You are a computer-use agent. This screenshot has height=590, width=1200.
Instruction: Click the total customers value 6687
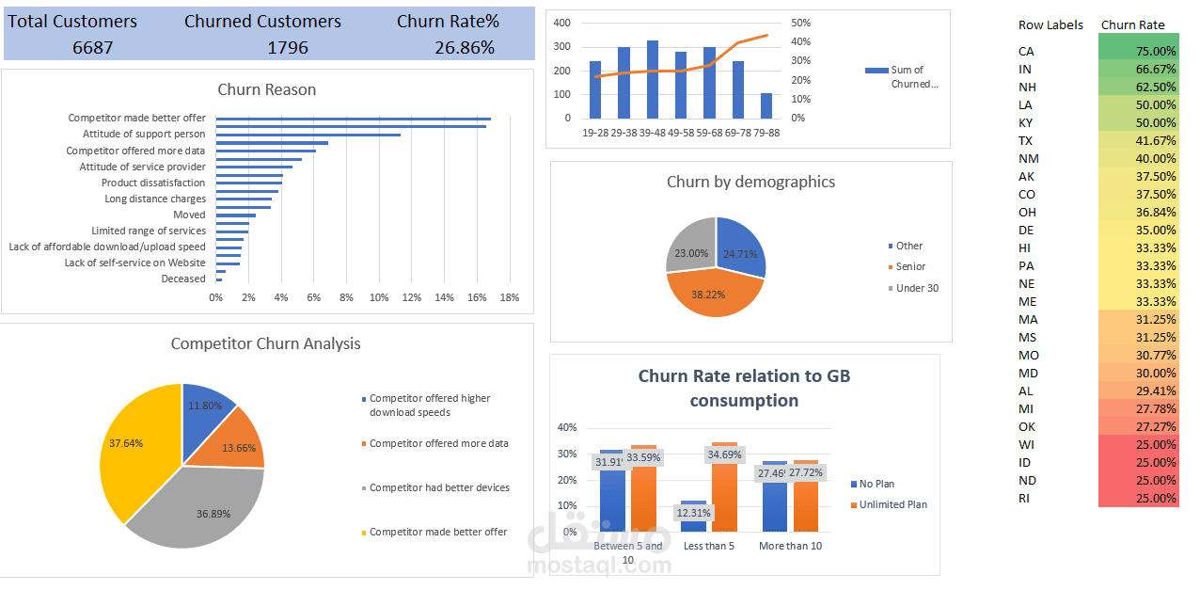[x=92, y=47]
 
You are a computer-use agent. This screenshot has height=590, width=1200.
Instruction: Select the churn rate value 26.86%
[x=464, y=47]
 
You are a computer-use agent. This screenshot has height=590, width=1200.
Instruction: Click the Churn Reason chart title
[x=267, y=90]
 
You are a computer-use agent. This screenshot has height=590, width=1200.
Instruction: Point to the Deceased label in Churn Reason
[x=183, y=279]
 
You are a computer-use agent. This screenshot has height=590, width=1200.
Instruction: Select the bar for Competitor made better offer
[x=353, y=119]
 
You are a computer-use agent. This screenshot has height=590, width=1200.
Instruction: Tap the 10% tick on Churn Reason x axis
[x=379, y=297]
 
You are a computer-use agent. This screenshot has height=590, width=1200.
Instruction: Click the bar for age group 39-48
[x=653, y=80]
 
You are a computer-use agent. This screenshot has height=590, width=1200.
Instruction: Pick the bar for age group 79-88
[x=766, y=105]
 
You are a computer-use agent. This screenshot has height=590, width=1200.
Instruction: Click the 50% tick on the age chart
[x=800, y=23]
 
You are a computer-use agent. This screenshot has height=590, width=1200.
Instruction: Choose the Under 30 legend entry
[x=917, y=288]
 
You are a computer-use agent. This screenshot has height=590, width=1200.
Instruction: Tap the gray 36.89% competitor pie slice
[x=202, y=508]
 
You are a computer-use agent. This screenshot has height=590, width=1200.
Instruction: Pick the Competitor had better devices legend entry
[x=439, y=487]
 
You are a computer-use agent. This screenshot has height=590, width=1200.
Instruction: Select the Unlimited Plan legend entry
[x=892, y=504]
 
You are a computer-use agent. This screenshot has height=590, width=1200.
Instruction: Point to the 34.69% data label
[x=724, y=454]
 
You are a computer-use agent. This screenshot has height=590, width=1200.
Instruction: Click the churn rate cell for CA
[x=1138, y=52]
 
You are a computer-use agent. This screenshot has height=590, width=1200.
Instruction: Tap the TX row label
[x=1025, y=141]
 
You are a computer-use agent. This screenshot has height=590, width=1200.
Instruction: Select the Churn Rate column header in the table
[x=1132, y=25]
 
